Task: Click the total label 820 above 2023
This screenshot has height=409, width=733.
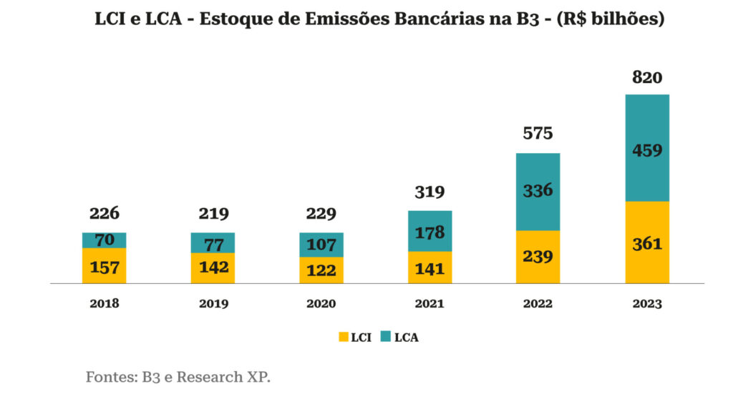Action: click(x=647, y=78)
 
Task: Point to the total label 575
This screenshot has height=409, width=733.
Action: click(x=538, y=133)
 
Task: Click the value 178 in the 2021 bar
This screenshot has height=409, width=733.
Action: click(x=429, y=232)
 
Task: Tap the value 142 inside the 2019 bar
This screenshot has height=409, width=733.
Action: click(x=213, y=267)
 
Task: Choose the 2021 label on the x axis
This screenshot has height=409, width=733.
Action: click(x=429, y=303)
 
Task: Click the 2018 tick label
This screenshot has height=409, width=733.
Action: click(x=105, y=303)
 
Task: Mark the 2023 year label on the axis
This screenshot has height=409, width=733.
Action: click(x=647, y=303)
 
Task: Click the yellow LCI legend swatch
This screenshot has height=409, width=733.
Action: click(x=343, y=337)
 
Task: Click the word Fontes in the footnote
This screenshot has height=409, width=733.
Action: click(x=108, y=377)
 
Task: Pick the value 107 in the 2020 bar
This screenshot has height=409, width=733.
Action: click(x=321, y=245)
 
